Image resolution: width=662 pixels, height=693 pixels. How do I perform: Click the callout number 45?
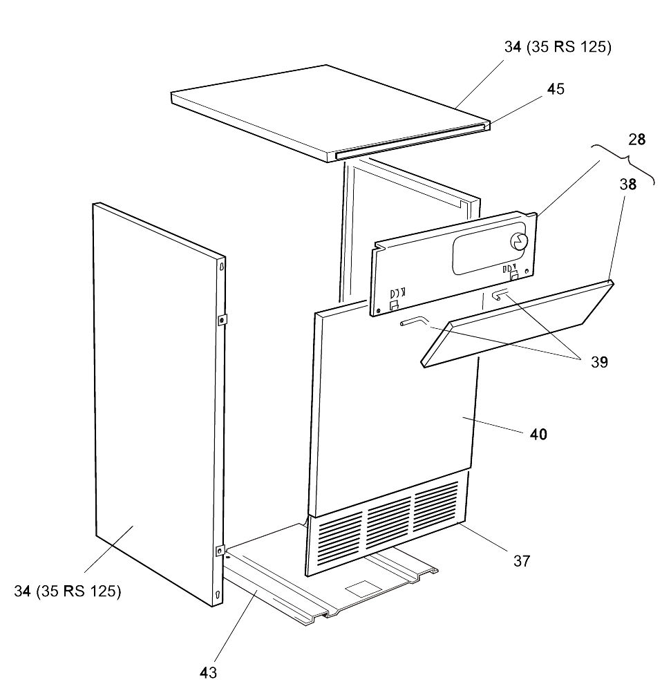click(x=556, y=89)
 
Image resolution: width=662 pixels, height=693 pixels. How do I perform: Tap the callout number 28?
click(x=637, y=140)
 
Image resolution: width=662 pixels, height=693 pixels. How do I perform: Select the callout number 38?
click(x=627, y=184)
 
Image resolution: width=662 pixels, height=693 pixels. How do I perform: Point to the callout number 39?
click(x=599, y=362)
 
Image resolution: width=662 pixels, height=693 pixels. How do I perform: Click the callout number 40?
click(x=538, y=435)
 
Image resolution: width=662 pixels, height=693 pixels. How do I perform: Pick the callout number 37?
click(x=522, y=561)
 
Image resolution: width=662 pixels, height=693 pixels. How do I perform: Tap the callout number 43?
click(x=208, y=672)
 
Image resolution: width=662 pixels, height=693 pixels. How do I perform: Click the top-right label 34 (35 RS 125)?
click(x=558, y=47)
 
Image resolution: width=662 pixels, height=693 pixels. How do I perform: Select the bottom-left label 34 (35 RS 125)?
click(x=67, y=591)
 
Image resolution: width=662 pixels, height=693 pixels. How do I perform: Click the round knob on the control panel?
click(x=519, y=241)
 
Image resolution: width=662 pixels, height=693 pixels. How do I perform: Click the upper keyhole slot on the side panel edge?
click(x=222, y=267)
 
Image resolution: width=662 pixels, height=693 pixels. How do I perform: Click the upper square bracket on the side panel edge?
click(x=222, y=319)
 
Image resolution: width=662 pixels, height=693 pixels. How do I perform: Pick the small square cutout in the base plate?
click(x=363, y=589)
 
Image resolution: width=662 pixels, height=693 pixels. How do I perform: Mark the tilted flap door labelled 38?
click(x=517, y=323)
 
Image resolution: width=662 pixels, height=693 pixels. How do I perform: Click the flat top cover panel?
click(x=330, y=113)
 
